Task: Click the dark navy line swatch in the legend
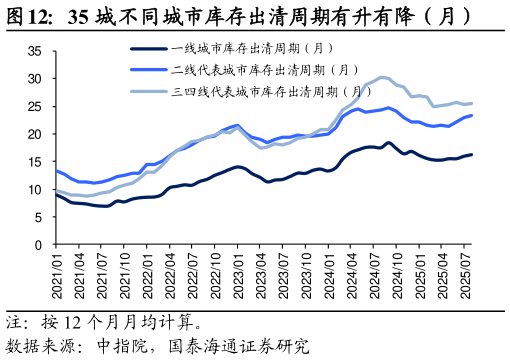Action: pos(149,48)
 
